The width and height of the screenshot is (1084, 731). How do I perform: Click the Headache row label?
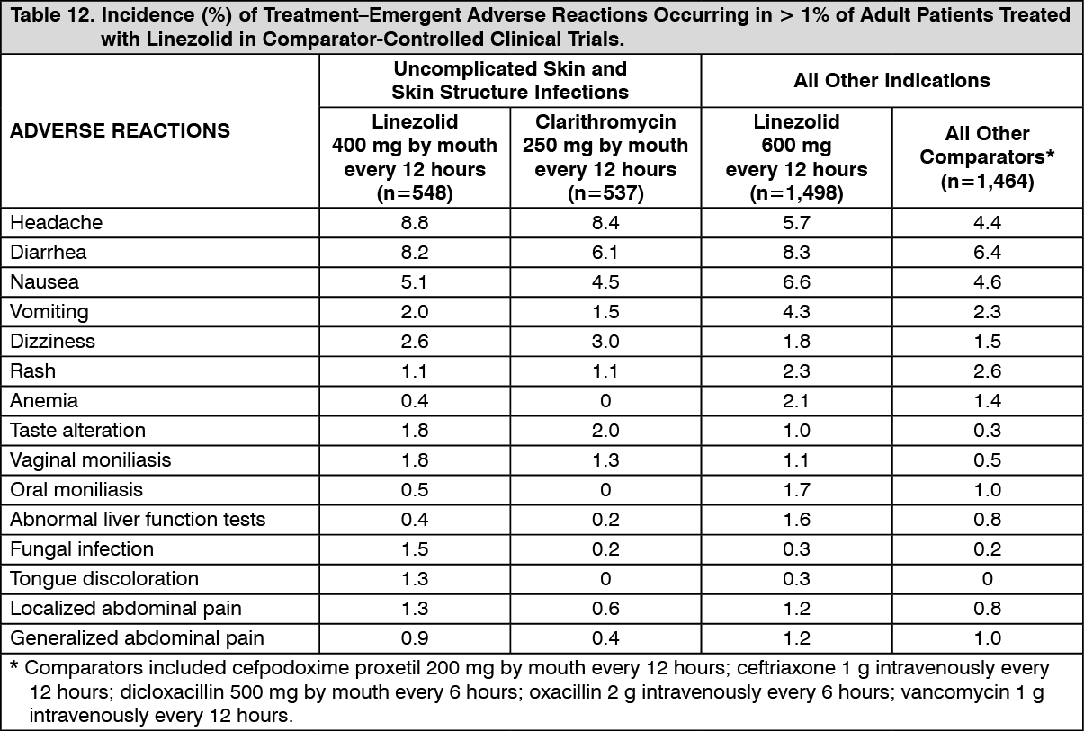pos(56,223)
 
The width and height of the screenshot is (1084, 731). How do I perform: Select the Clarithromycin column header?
pos(605,157)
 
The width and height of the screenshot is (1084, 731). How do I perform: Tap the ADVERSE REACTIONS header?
pos(120,130)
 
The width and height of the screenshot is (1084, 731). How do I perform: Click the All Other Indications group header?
pos(891,80)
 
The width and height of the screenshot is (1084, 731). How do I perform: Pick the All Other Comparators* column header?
pos(987,157)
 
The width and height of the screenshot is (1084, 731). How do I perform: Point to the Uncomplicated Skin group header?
pos(510,80)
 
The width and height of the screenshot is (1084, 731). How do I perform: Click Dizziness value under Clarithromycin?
pos(605,342)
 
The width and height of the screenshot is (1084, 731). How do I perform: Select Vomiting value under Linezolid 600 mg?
pos(796,312)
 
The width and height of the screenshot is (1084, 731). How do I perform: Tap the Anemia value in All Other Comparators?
pos(987,401)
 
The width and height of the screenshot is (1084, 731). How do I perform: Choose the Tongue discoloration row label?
pos(104,579)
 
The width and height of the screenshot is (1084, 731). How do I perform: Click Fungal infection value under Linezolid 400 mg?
pos(415,549)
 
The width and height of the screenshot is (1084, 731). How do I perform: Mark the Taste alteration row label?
pos(77,430)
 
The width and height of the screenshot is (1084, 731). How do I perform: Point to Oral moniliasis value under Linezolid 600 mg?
pos(796,490)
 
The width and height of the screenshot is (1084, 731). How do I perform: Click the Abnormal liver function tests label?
pos(138,519)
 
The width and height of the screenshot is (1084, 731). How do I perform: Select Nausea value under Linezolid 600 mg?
pos(796,282)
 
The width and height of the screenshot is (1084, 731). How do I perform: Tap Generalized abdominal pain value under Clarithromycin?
pos(605,638)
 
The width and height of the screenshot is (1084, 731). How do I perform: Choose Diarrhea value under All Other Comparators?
pos(987,253)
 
